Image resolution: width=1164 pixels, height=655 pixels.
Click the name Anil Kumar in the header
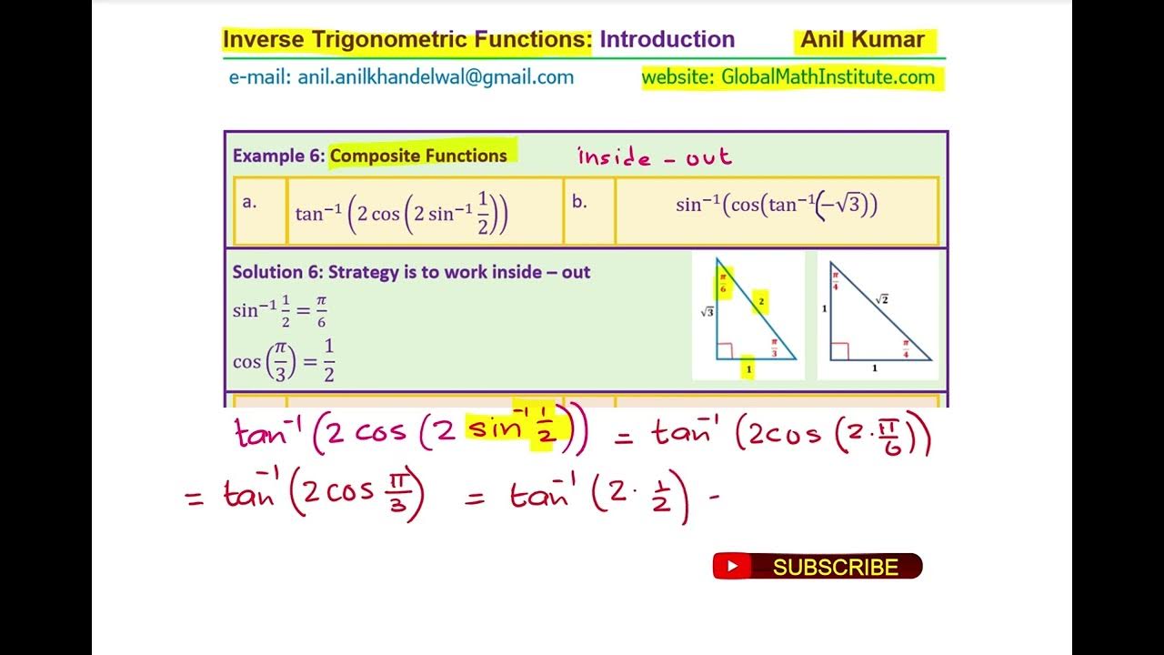pos(862,40)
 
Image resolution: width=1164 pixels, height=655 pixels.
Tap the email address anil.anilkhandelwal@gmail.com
pos(401,77)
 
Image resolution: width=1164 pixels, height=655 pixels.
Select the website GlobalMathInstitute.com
pos(788,77)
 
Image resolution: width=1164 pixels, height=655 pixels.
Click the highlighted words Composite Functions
pos(419,156)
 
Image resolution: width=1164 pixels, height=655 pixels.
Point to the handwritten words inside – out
pos(655,157)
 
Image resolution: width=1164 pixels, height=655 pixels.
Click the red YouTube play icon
pos(733,568)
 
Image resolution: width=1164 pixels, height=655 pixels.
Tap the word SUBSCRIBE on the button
pos(835,568)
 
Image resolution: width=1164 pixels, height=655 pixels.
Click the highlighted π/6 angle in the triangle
pos(724,283)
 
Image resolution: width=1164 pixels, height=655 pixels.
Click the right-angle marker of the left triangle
pos(724,351)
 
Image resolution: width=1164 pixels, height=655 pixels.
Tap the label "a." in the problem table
pos(250,203)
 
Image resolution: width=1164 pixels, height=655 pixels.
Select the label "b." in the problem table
pos(579,203)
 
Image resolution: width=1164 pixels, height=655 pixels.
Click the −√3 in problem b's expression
pos(843,206)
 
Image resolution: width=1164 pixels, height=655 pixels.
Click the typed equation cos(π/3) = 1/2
pos(284,361)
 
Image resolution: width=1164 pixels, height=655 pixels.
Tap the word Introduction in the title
pos(667,40)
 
